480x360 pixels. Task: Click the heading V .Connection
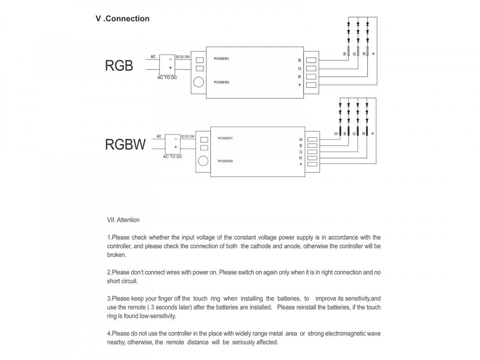tap(122, 19)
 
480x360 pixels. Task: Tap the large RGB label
tap(119, 66)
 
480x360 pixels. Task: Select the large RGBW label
tap(125, 144)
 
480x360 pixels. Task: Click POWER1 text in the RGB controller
tap(222, 59)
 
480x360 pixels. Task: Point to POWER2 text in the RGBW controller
tap(225, 161)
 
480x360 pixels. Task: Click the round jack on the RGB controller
tap(199, 82)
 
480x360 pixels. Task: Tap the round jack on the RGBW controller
tap(204, 161)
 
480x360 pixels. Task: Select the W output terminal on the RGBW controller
tap(312, 140)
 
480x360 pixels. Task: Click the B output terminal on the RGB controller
tap(311, 60)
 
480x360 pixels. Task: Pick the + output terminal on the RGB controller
tap(311, 85)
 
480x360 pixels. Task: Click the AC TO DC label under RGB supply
tap(167, 77)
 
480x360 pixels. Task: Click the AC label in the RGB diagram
tap(153, 57)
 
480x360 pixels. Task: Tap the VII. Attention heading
tap(123, 220)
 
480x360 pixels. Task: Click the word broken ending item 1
tap(117, 255)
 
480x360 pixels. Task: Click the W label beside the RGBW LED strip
tap(336, 133)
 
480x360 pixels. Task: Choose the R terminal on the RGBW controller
tap(312, 158)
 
